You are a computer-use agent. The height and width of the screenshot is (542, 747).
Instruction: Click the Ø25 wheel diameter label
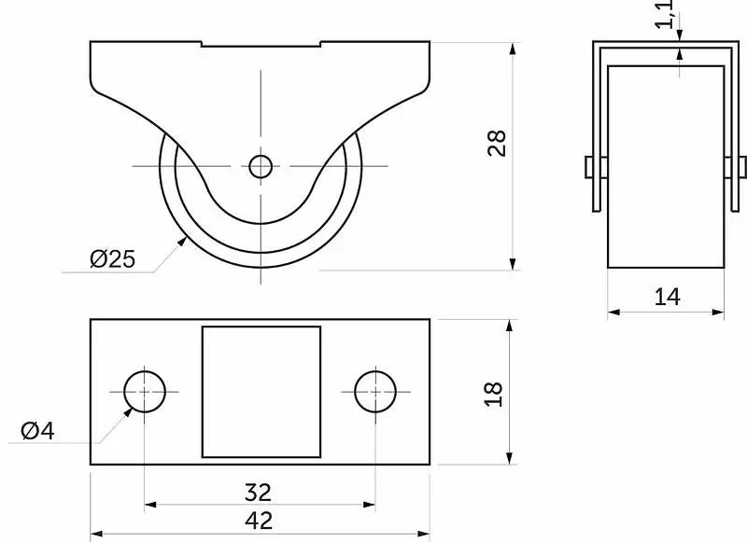[x=112, y=258]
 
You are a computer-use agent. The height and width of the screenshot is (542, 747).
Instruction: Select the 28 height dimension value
[x=497, y=143]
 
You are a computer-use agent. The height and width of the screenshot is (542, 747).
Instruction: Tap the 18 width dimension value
[x=493, y=394]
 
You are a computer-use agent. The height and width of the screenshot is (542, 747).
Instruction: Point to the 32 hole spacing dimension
[x=258, y=493]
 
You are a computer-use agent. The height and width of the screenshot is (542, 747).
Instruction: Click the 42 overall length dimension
[x=259, y=521]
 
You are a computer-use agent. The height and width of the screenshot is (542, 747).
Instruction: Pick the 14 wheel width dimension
[x=667, y=297]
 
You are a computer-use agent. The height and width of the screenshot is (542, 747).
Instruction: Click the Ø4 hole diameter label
[x=37, y=431]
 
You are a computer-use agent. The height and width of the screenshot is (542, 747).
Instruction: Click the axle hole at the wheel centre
[x=261, y=167]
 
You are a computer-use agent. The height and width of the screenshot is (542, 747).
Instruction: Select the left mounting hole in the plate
[x=145, y=392]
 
